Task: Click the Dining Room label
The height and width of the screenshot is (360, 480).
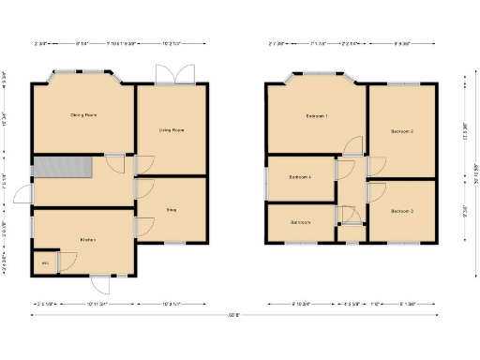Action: pos(84,115)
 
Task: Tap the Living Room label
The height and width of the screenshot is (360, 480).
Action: pos(171,130)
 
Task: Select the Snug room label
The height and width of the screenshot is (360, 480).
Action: pos(172,210)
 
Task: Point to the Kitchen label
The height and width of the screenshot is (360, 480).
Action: pos(88,240)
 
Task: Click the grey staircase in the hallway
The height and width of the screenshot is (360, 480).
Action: pos(62,168)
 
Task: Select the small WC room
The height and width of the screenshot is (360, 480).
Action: pos(44,263)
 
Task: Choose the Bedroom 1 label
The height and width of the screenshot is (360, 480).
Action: pos(316,116)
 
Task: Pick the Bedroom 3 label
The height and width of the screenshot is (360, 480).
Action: pos(402,211)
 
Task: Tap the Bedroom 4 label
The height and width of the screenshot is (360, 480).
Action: pos(300,177)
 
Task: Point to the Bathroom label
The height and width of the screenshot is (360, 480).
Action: pos(301,222)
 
